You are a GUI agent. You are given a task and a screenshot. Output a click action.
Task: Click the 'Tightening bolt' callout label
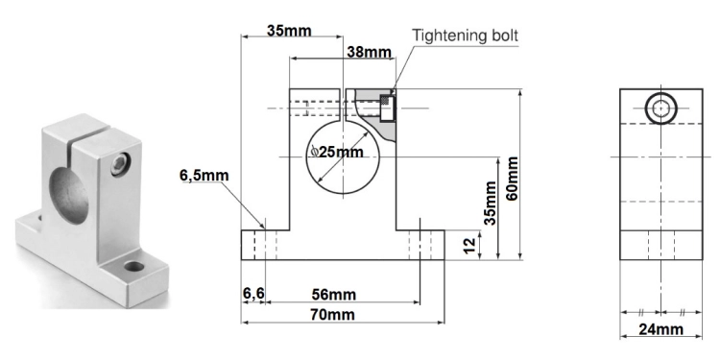tap(465, 36)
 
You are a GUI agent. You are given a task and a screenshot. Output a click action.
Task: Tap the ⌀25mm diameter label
tap(337, 152)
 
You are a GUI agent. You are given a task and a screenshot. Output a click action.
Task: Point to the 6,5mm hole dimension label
tap(204, 176)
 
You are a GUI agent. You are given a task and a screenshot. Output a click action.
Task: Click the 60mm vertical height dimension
tap(513, 179)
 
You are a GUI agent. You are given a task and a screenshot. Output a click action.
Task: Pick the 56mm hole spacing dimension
tap(334, 295)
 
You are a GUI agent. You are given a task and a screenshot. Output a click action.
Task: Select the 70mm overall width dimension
tap(332, 315)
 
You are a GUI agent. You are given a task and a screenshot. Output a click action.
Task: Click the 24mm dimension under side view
tap(660, 329)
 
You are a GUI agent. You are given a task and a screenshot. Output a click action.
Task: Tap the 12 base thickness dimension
tap(469, 245)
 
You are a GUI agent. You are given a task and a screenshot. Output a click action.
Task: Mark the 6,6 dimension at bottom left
tap(253, 294)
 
